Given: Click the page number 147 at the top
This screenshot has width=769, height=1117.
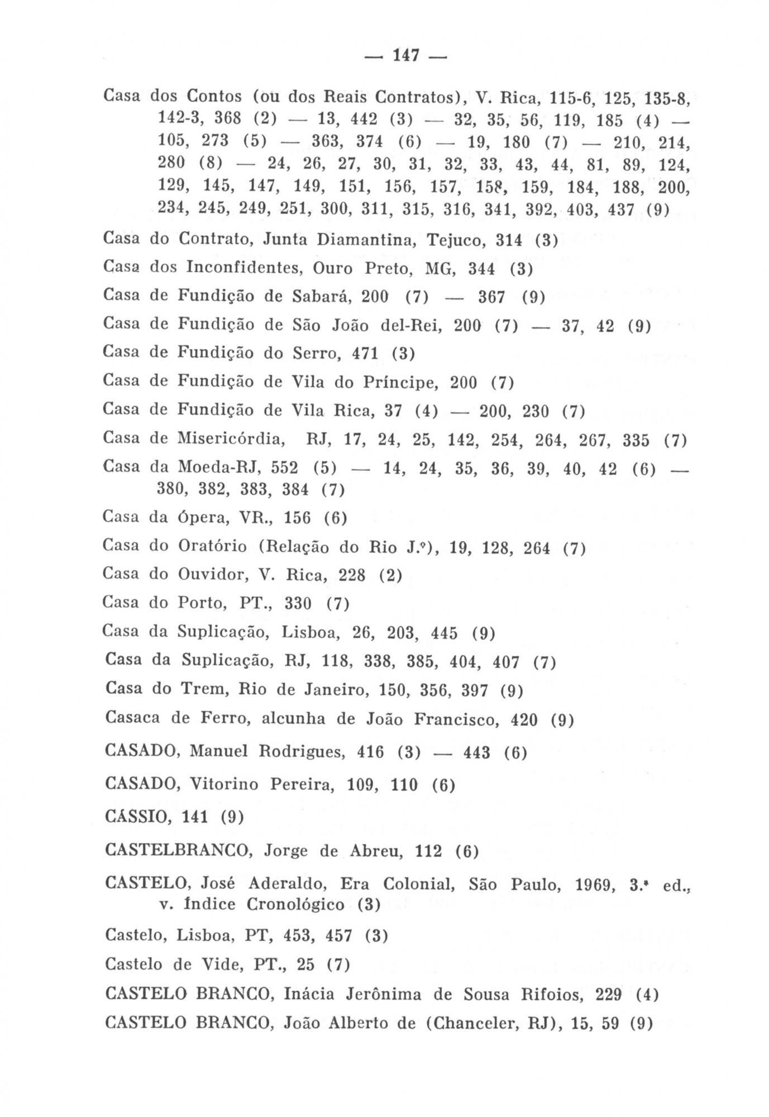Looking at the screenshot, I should (x=406, y=56).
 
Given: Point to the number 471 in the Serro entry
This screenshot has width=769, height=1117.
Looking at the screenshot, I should (x=365, y=354).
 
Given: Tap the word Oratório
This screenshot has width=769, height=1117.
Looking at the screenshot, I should (x=212, y=546).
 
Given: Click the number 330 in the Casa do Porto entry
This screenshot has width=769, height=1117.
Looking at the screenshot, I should (x=298, y=604).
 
